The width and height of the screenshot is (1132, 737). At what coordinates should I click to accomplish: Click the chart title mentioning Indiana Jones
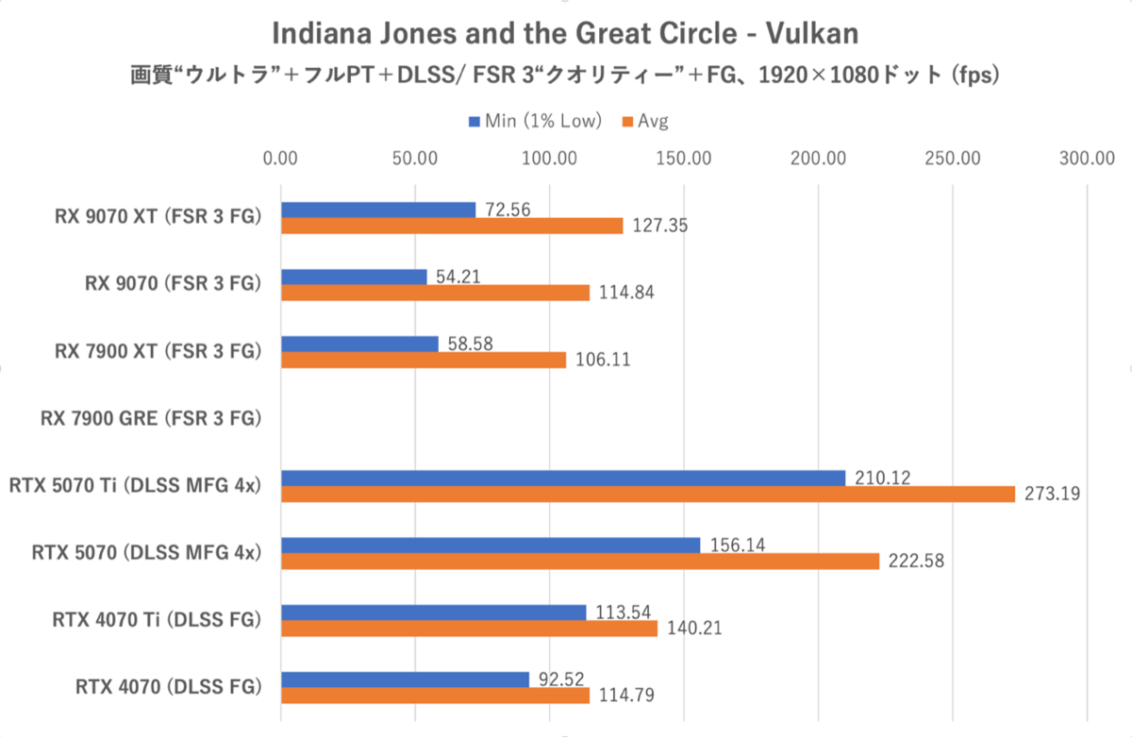[565, 34]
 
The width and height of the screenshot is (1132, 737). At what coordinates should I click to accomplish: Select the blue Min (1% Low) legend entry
[536, 121]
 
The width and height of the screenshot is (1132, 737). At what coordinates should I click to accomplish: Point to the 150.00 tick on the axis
[684, 158]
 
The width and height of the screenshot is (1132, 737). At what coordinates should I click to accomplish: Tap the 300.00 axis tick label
[1088, 158]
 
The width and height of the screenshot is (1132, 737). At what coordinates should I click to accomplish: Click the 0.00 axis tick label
[281, 158]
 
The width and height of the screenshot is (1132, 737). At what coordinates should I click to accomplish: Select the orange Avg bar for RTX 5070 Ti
[647, 494]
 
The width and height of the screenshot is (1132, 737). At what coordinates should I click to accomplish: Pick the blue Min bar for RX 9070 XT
[378, 209]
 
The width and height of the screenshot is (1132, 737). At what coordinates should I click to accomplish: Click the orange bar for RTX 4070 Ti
[469, 628]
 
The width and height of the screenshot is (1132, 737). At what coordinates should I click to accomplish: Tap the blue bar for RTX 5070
[491, 544]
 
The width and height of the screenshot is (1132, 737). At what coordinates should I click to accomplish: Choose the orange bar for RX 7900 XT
[424, 360]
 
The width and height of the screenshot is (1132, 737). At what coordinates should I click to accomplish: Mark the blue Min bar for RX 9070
[354, 276]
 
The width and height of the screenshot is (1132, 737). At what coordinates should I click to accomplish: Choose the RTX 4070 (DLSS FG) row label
[168, 686]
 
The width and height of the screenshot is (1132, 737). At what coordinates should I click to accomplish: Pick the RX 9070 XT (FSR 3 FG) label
[157, 217]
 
